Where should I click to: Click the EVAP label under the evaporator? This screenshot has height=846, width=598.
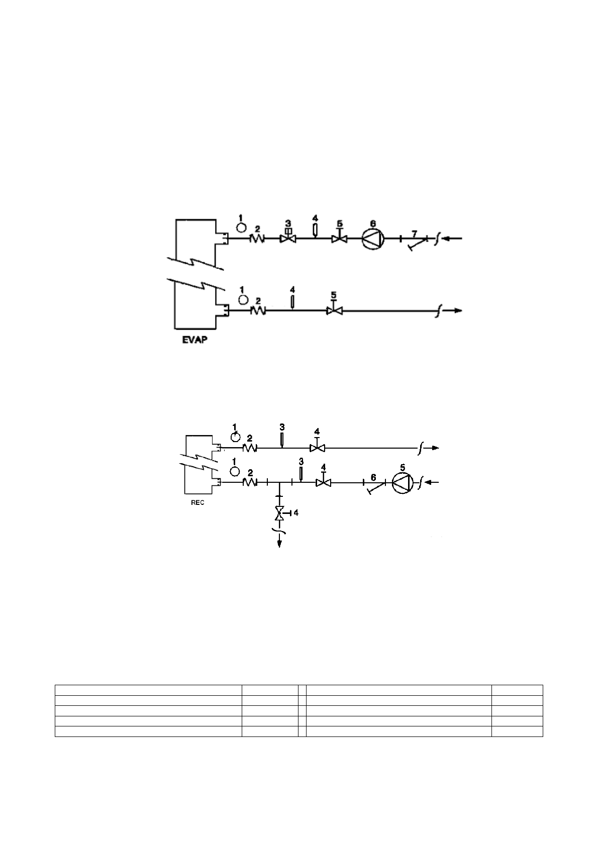(x=195, y=340)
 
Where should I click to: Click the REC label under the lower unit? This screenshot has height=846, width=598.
(x=197, y=503)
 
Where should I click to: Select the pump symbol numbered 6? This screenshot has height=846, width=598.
(x=373, y=239)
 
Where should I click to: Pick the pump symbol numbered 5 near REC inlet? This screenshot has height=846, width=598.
(x=403, y=483)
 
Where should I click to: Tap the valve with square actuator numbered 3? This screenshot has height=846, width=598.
(x=288, y=236)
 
